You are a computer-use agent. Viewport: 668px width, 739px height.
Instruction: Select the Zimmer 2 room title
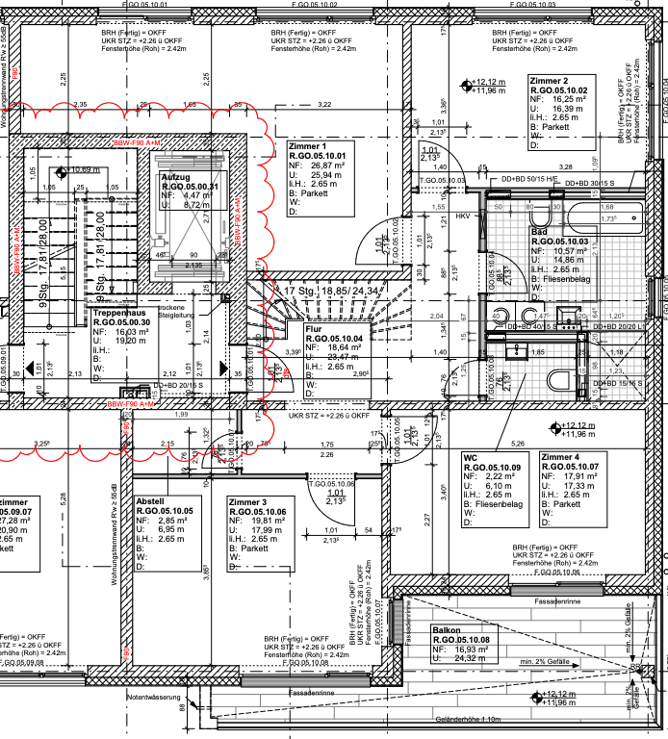point(550,80)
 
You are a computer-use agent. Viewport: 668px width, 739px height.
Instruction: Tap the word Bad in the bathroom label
point(540,232)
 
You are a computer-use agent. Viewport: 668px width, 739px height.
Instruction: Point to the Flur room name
point(315,329)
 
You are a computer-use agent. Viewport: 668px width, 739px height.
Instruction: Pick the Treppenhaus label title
point(121,314)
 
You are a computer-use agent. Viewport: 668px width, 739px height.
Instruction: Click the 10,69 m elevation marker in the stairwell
point(85,170)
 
